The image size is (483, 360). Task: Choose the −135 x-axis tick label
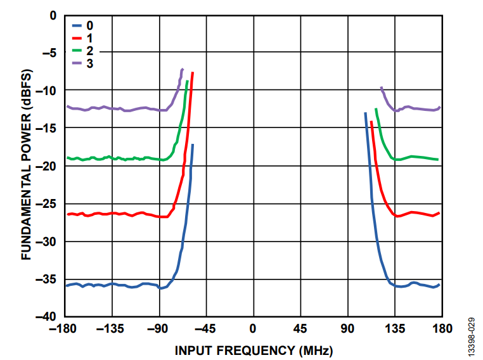[112, 328]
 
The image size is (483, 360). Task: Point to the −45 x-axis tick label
[206, 328]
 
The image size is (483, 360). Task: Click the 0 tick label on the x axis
[254, 328]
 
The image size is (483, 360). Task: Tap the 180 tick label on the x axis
[442, 328]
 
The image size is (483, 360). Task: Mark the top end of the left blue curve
[192, 145]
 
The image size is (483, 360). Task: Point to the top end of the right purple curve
[381, 87]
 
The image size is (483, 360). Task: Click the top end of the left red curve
[192, 73]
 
